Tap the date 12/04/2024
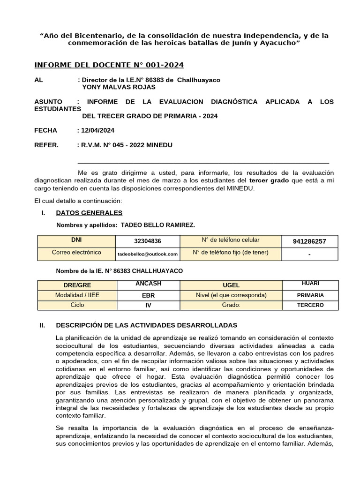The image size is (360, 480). coord(98,130)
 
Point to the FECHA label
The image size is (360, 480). coord(46,130)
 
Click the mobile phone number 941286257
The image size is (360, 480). coord(309,241)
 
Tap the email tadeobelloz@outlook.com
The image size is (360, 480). coord(147,254)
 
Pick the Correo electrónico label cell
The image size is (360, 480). coord(76,252)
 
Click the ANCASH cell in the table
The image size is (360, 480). coord(148,284)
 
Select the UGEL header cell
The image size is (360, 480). coord(231,285)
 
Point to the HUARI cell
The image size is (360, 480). coord(310,284)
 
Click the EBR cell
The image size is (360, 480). coord(148,296)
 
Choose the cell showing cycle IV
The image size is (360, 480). coord(148,305)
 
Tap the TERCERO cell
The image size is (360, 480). coord(310,305)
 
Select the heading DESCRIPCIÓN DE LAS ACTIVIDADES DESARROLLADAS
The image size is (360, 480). coord(146,325)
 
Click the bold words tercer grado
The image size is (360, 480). coord(269,180)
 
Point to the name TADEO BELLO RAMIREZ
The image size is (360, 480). coord(158,225)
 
